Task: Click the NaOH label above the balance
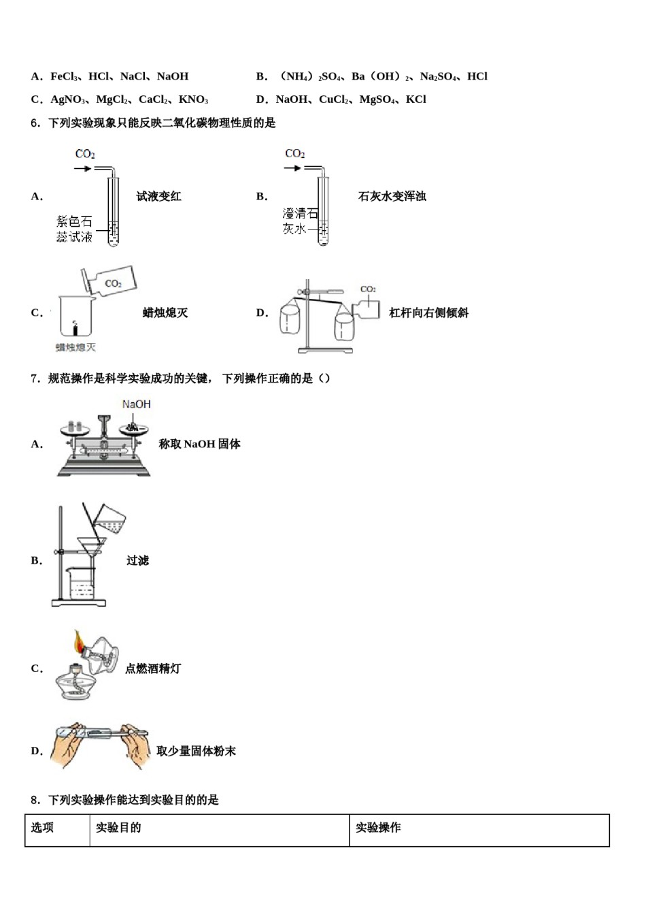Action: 136,404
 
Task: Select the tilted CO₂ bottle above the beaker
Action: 108,280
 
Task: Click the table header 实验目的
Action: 118,828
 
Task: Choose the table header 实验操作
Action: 378,828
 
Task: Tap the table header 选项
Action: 42,828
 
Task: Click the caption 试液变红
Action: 158,196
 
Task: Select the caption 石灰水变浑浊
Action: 392,196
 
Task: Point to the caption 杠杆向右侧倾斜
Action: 428,312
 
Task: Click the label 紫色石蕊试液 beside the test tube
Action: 74,229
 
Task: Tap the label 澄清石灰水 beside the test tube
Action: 300,221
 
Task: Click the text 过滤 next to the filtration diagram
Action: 137,560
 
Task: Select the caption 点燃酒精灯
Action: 153,669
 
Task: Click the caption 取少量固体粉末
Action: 196,751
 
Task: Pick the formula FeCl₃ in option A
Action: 66,76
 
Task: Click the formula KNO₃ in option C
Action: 193,99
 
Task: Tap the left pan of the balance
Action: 76,429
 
